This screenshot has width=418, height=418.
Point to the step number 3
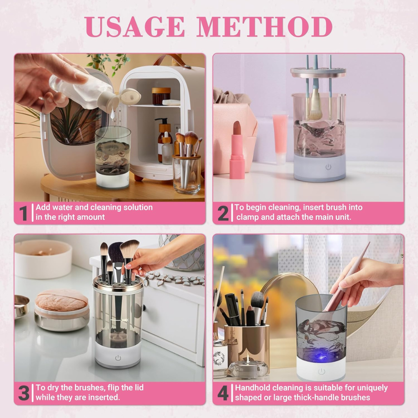23,393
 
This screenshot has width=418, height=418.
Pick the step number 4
223,393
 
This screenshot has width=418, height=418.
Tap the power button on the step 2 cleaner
328,167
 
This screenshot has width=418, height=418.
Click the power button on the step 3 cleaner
118,358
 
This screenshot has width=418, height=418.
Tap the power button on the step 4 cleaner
321,371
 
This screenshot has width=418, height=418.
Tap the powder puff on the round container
61,300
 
